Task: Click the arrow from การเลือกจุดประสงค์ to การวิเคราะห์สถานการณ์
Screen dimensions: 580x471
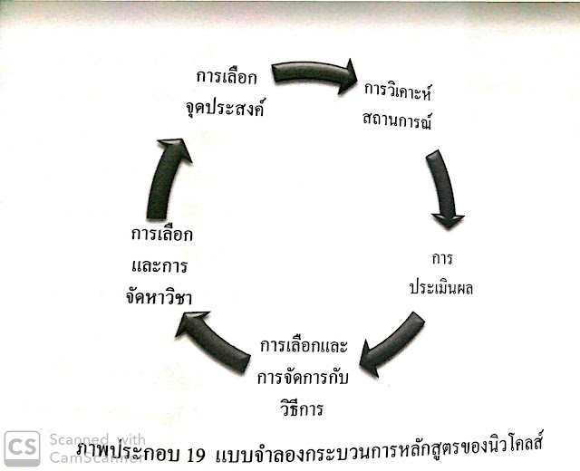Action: (313, 75)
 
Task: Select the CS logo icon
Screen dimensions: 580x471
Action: (22, 448)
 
